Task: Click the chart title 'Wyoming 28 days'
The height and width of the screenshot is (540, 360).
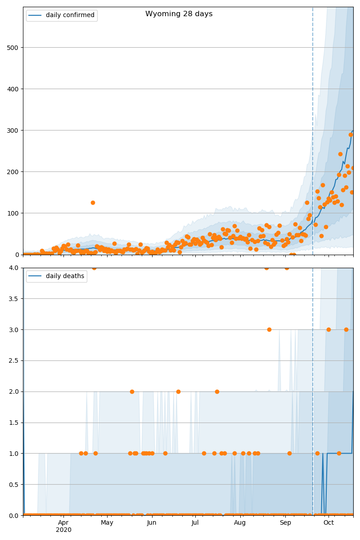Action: point(179,14)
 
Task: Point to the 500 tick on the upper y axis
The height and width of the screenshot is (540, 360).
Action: point(14,48)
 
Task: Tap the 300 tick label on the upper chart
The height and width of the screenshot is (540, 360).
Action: point(14,130)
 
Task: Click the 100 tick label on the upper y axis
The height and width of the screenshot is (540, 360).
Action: point(14,213)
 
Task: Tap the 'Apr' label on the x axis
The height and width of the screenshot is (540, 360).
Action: point(63,523)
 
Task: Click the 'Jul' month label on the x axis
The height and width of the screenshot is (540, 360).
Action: point(195,523)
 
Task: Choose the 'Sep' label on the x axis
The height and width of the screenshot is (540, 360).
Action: point(285,523)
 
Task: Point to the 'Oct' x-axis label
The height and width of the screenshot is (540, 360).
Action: point(328,523)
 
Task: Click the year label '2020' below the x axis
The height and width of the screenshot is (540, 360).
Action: point(63,530)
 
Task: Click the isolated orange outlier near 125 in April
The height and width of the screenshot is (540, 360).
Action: point(93,202)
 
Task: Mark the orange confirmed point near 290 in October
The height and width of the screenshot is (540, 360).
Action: point(351,135)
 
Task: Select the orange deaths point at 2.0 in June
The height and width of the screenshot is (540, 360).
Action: point(178,391)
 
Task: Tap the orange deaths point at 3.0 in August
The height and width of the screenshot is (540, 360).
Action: point(269,329)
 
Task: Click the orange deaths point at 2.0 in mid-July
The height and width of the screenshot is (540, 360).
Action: point(217,391)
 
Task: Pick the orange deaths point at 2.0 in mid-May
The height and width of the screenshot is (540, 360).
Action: point(132,391)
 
